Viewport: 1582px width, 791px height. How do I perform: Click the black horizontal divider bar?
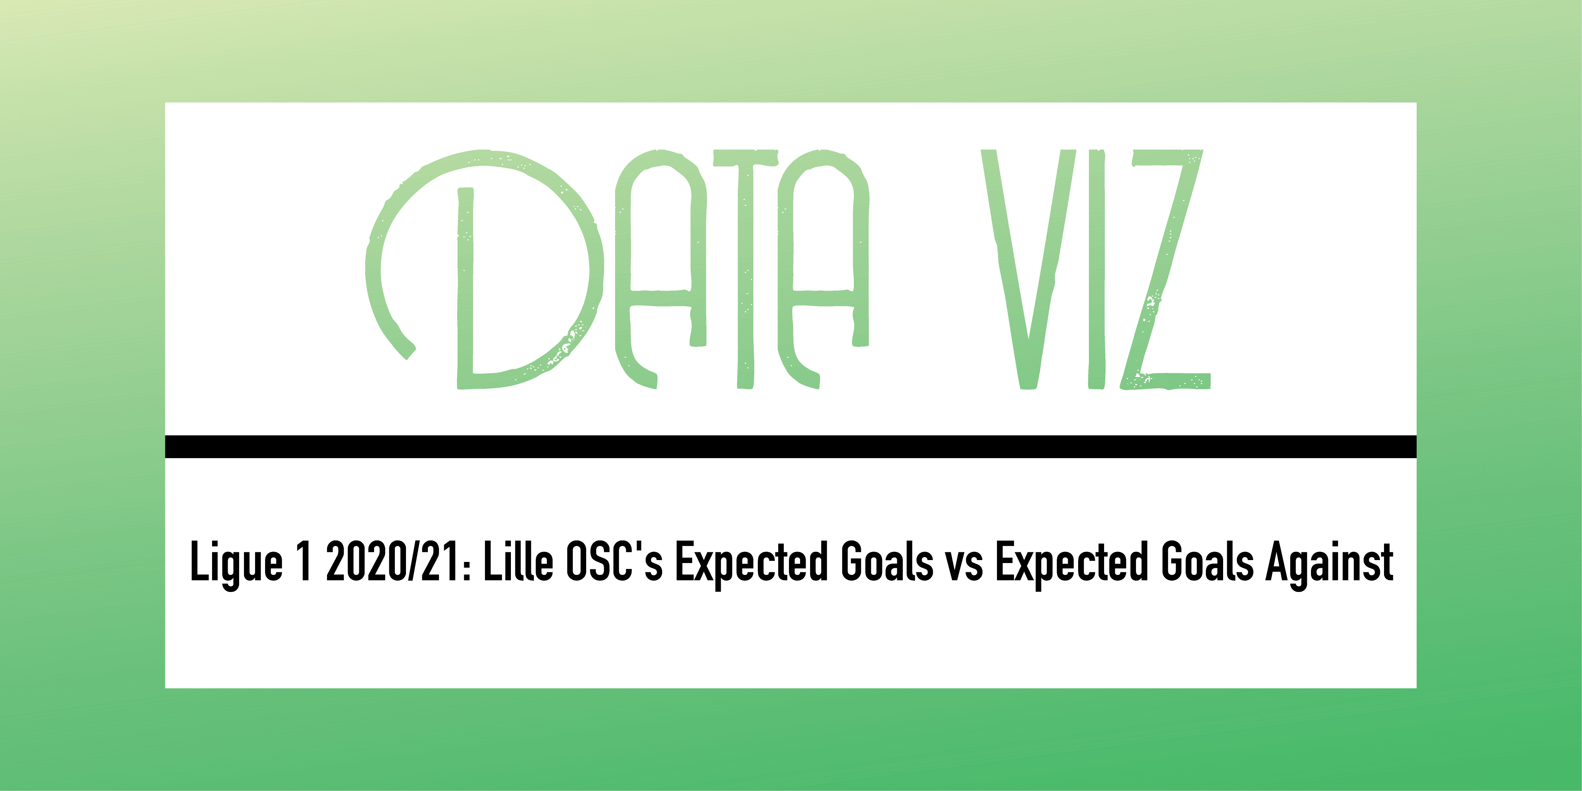[x=791, y=447]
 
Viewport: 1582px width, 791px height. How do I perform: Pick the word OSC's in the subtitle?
[x=614, y=560]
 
